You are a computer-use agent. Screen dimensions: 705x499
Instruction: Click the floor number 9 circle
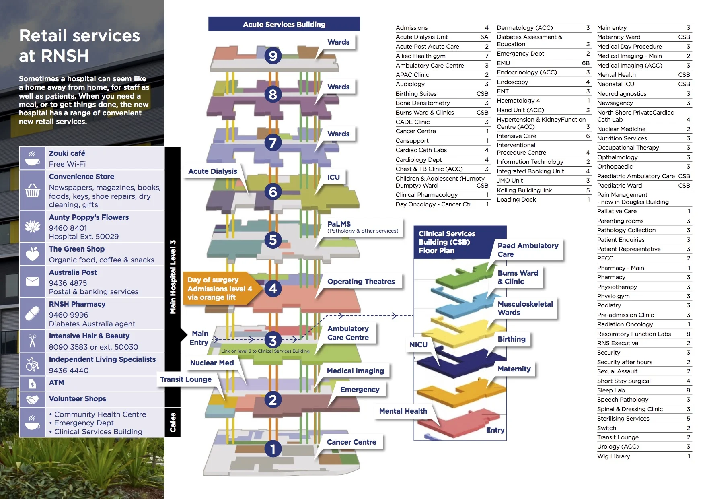pos(273,56)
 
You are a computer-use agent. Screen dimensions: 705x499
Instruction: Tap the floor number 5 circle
pos(273,240)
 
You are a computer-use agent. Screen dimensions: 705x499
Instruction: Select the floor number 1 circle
pos(273,449)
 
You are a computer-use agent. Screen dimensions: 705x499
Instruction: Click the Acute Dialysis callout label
pos(213,171)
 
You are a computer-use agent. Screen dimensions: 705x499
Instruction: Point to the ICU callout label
pos(333,177)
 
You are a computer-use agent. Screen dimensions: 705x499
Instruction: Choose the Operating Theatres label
pos(361,282)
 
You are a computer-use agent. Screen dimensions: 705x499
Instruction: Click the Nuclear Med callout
pos(212,363)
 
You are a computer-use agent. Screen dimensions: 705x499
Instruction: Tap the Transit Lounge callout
pos(186,379)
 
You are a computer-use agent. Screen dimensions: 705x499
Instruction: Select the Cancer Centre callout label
pos(351,442)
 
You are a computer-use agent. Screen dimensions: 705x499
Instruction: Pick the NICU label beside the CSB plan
pos(418,345)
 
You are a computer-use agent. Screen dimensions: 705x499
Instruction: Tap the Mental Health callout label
pos(403,411)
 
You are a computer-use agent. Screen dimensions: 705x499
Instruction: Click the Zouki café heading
pos(67,153)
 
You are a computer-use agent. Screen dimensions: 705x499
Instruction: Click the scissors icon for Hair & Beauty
pos(32,341)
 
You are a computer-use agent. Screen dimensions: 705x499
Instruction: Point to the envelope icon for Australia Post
pos(32,281)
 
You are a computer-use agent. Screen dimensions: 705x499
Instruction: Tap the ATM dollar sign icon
pos(32,384)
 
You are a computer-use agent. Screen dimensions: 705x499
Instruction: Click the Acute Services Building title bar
pos(284,24)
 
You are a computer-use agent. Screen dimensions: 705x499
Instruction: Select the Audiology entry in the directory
pos(410,84)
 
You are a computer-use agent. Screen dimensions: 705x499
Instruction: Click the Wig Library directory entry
pos(614,456)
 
